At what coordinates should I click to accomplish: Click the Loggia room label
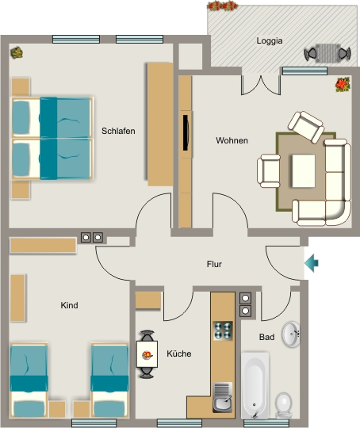coord(270,41)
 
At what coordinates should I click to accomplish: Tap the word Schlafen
coord(118,131)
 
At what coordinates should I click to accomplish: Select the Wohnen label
coord(232,140)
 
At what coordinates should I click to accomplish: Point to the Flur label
coord(214,264)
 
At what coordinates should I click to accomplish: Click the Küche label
coord(179,353)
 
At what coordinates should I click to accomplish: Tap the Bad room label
coord(266,337)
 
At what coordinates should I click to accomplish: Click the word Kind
coord(69,305)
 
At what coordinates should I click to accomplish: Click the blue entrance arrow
coord(312,263)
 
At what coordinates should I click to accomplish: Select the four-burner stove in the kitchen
coord(223,331)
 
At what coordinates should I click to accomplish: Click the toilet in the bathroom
coord(284,405)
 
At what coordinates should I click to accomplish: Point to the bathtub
coord(255,385)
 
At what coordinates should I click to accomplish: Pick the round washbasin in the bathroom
coord(291,334)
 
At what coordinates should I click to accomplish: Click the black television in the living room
coord(186,132)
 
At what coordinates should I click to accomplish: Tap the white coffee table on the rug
coord(304,171)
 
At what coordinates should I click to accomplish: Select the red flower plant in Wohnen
coord(343,84)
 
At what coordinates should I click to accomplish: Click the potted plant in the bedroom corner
coord(17,52)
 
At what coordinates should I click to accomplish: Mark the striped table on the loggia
coord(327,53)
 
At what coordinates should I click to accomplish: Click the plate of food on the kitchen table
coord(147,355)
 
